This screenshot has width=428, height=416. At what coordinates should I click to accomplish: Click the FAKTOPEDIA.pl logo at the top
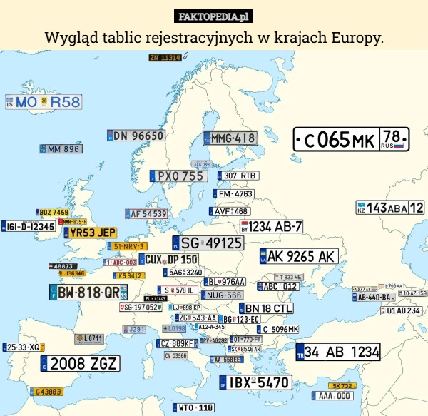[x=213, y=16]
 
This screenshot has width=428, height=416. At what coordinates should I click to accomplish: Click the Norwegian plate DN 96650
[x=136, y=136]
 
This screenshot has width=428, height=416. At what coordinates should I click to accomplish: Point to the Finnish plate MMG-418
[x=230, y=138]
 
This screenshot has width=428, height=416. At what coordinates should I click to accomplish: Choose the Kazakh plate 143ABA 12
[x=389, y=208]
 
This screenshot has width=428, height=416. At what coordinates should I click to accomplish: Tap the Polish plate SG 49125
[x=208, y=243]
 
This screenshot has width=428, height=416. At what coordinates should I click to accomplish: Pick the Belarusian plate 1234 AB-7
[x=272, y=226]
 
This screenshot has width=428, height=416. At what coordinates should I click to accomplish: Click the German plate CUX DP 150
[x=168, y=259]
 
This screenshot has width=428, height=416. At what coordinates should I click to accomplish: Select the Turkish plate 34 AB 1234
[x=338, y=351]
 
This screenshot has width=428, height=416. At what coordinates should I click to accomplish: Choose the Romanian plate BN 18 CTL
[x=265, y=308]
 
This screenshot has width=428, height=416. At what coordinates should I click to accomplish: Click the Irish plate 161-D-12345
[x=29, y=226]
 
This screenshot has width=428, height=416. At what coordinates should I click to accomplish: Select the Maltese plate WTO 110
[x=193, y=407]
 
